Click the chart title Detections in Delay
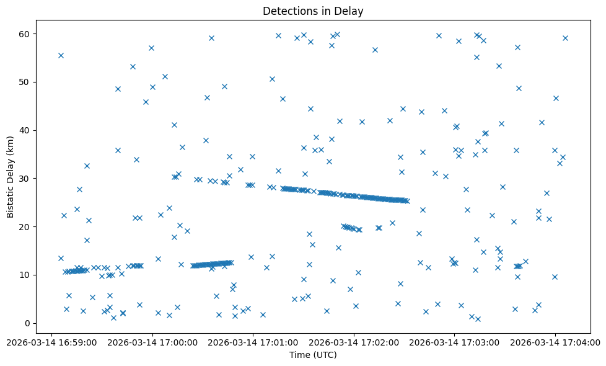(313, 11)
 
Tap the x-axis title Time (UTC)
(313, 355)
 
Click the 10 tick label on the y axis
(25, 275)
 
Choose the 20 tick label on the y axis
(25, 226)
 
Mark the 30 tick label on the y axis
(25, 179)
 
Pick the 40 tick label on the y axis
(25, 130)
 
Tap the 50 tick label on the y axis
(25, 82)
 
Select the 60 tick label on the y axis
(25, 33)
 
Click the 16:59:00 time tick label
(52, 341)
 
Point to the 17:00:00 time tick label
(152, 341)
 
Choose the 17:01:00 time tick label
(253, 341)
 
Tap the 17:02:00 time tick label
(354, 341)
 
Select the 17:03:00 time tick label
(454, 341)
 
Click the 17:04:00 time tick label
(555, 341)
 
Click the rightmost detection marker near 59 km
(565, 38)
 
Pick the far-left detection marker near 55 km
(61, 55)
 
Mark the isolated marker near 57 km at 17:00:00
(151, 48)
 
